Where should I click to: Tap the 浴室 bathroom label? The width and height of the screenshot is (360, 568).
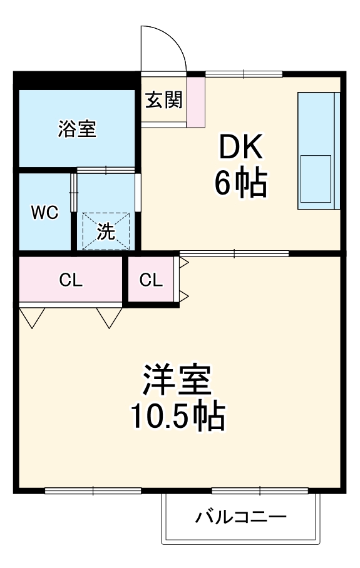pos(77,129)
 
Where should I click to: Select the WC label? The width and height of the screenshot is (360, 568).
pos(45,213)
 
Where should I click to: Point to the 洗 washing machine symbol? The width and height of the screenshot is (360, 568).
pos(106,231)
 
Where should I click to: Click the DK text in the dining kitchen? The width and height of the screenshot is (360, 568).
pos(241,149)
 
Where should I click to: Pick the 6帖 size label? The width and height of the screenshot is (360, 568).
pos(241,183)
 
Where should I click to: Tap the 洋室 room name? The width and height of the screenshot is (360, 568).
pos(177,380)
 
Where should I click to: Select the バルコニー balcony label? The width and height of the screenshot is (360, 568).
pos(241,517)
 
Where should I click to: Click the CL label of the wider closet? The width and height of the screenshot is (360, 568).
pos(71,280)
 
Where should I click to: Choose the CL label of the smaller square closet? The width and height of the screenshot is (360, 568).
pos(151,280)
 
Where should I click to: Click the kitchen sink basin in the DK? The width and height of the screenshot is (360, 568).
pos(316,176)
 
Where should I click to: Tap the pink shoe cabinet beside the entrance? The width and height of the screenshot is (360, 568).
pos(196,101)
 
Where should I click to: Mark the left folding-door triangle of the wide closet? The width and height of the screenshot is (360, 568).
pos(32,317)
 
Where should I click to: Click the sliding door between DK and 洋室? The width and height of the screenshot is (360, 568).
pos(234,253)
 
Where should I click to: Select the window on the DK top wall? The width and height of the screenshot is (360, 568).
pos(244,73)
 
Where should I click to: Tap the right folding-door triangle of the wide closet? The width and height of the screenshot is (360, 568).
pos(110,317)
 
